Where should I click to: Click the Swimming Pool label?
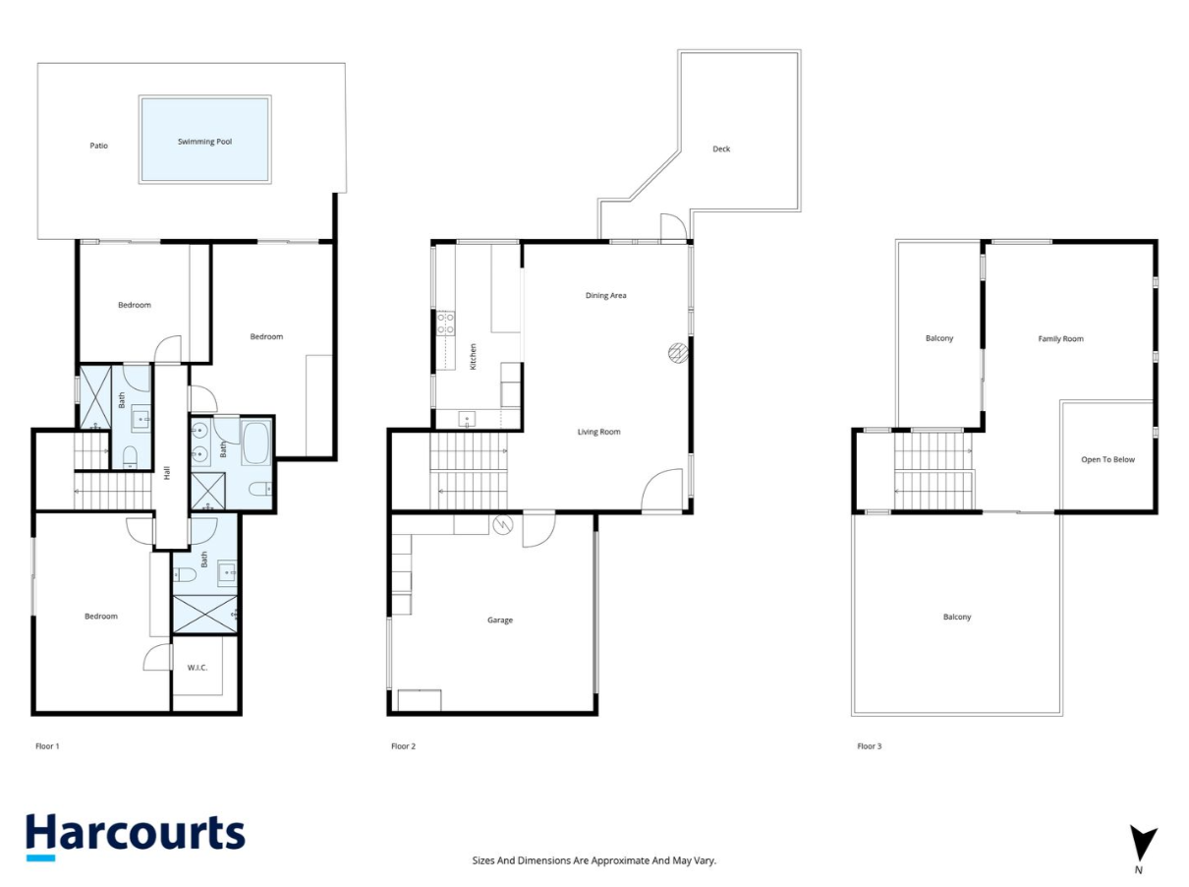click(204, 142)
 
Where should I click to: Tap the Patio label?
click(98, 146)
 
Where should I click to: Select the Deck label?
click(721, 149)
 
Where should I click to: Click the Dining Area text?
click(605, 295)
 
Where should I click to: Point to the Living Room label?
click(598, 432)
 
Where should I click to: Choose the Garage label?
click(500, 621)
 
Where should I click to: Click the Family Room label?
click(1060, 339)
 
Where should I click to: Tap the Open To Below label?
click(1107, 459)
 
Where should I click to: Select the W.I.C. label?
click(198, 668)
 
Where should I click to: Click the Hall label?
click(167, 472)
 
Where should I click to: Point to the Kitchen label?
click(473, 355)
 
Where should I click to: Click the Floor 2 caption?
click(403, 746)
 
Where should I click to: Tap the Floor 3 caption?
click(869, 746)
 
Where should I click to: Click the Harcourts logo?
click(135, 835)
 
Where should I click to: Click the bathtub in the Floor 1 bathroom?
click(256, 443)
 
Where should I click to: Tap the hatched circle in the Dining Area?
click(677, 352)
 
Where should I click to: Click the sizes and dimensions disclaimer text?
click(594, 860)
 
